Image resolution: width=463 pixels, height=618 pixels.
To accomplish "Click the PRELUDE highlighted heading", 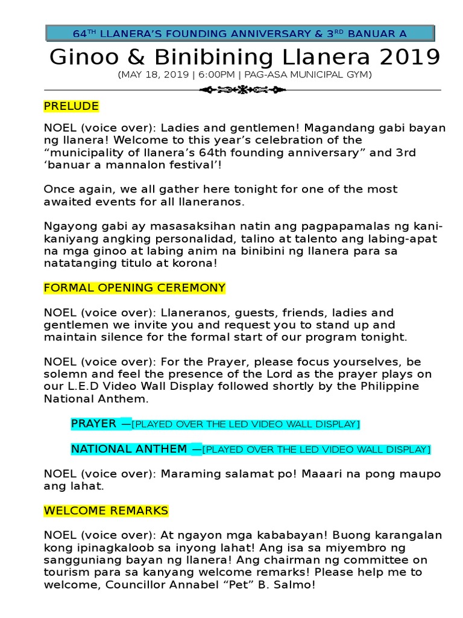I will point(71,106).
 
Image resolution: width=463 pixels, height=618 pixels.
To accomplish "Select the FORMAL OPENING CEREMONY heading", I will point(134,288).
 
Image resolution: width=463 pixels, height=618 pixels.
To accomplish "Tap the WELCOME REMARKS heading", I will point(106,511).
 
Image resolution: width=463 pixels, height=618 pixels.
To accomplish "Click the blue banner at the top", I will point(240,34).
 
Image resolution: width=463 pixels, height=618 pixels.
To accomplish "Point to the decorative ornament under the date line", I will point(242,90).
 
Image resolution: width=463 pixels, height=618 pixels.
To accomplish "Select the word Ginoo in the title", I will point(81,58).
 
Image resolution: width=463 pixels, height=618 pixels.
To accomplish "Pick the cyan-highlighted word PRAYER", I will point(93,424).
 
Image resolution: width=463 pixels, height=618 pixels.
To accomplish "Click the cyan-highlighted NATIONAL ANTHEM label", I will point(129,449).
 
